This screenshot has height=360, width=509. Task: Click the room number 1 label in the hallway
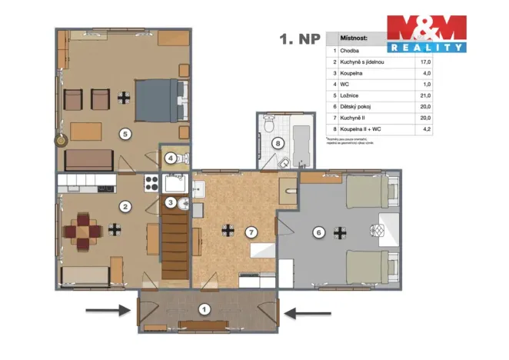[x=204, y=311]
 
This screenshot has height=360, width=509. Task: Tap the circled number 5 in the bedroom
[x=125, y=133]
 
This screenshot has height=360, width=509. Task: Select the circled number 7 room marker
[x=250, y=232]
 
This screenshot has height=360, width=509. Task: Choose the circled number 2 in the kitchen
[x=124, y=205]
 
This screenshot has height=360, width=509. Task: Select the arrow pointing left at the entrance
[x=307, y=312]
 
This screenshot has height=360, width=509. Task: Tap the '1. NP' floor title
[x=299, y=38]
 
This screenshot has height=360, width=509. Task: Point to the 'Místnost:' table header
[x=354, y=37]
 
